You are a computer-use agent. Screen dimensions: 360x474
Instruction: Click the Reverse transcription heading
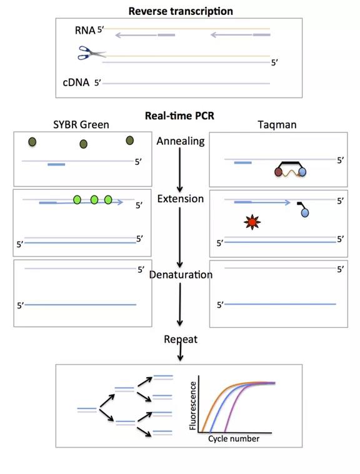181,11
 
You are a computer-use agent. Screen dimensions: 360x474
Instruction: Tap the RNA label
85,30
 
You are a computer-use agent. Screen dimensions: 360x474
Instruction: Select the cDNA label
76,82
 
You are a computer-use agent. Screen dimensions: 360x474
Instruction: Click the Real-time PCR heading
179,116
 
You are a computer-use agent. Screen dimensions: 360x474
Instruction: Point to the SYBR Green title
81,124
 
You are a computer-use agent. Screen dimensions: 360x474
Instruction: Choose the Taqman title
277,125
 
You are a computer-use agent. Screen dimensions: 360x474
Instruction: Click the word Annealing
181,142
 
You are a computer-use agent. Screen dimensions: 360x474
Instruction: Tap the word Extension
181,199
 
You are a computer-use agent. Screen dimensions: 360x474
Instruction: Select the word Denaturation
181,275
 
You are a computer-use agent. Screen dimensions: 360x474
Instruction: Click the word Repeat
181,340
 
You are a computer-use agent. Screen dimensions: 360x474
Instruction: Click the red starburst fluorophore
252,222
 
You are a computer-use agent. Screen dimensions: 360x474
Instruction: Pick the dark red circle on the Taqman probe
278,172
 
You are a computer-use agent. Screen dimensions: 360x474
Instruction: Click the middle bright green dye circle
94,199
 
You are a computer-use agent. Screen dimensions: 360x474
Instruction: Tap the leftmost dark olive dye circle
32,142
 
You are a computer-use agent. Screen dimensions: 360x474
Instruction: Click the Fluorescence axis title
192,405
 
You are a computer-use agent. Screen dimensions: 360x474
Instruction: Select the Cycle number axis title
234,438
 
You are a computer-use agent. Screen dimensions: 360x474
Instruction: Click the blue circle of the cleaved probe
305,213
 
